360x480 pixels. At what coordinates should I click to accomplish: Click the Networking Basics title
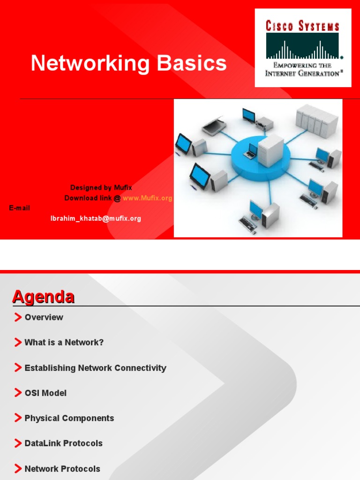128,63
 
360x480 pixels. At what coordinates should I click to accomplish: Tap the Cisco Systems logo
303,47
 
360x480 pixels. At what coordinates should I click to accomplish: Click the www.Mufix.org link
147,198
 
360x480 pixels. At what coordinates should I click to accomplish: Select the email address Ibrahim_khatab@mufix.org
96,218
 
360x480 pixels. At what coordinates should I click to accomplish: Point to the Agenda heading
43,297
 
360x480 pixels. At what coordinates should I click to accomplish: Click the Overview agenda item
44,317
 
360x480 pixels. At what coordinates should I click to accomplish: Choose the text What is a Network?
64,343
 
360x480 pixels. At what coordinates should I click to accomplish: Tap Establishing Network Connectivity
95,368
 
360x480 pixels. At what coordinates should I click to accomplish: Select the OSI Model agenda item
45,393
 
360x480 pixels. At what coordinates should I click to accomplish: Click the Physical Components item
69,418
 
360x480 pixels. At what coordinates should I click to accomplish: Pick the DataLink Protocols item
63,443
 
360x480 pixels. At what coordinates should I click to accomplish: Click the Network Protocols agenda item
62,469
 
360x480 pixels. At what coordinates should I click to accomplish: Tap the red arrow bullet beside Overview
18,317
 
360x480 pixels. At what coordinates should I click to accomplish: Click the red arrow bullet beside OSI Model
18,393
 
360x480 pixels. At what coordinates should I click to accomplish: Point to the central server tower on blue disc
271,150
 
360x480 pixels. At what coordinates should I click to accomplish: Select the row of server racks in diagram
316,120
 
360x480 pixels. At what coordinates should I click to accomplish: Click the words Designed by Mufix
101,188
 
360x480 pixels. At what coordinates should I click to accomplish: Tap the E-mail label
20,208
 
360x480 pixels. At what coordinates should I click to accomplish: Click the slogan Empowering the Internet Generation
302,69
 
